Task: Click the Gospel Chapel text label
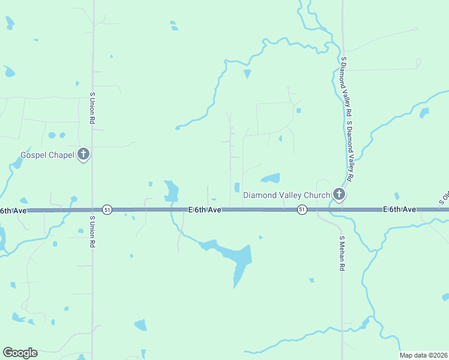pyautogui.click(x=47, y=155)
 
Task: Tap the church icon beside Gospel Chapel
pyautogui.click(x=83, y=155)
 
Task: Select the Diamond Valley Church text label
pyautogui.click(x=286, y=195)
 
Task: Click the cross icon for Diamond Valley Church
pyautogui.click(x=339, y=194)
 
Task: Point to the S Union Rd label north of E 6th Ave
pyautogui.click(x=92, y=109)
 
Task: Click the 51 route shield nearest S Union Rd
pyautogui.click(x=107, y=209)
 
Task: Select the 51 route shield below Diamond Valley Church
pyautogui.click(x=302, y=209)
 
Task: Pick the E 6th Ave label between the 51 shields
pyautogui.click(x=205, y=209)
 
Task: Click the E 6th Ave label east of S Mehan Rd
pyautogui.click(x=400, y=209)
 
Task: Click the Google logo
pyautogui.click(x=20, y=353)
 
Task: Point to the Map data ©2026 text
pyautogui.click(x=423, y=355)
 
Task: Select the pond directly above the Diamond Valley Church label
pyautogui.click(x=271, y=178)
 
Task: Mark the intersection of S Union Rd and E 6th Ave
pyautogui.click(x=92, y=210)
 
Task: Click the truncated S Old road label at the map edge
pyautogui.click(x=445, y=198)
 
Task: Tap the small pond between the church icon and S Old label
pyautogui.click(x=396, y=196)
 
